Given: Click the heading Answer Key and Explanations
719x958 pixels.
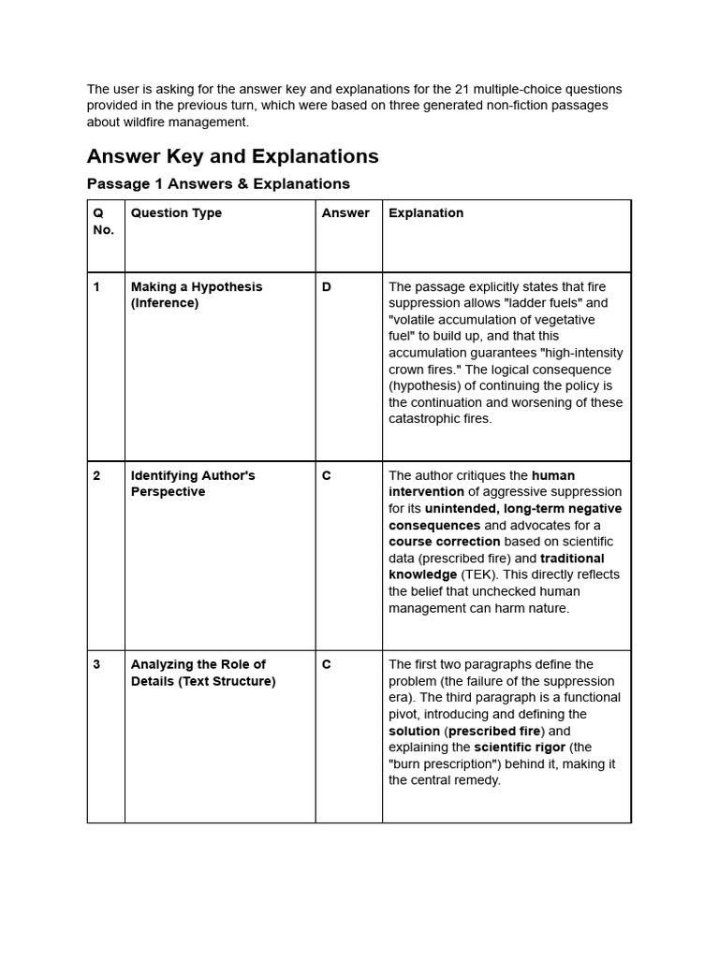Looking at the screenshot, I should click(232, 156).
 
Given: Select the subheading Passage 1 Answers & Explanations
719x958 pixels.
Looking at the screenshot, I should click(218, 183).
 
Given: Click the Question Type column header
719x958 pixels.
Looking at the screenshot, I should click(176, 213).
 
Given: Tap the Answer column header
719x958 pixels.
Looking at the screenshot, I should click(345, 213).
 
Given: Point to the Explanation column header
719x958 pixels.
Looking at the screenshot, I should click(426, 213).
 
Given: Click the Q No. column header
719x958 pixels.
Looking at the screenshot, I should click(103, 222).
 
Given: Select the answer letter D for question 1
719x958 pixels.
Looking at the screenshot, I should click(327, 287).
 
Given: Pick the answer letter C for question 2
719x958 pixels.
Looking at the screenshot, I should click(327, 476).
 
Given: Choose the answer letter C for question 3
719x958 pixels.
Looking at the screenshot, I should click(327, 665).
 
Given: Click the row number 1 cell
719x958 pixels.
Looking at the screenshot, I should click(96, 287).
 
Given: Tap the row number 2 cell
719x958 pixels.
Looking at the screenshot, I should click(96, 476).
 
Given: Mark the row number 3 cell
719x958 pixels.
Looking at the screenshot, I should click(96, 665).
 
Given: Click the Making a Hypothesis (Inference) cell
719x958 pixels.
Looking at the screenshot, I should click(196, 296).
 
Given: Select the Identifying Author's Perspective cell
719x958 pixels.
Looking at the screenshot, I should click(192, 484).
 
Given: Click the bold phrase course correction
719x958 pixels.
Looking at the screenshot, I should click(444, 542).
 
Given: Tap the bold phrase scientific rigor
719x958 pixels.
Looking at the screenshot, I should click(519, 748).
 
